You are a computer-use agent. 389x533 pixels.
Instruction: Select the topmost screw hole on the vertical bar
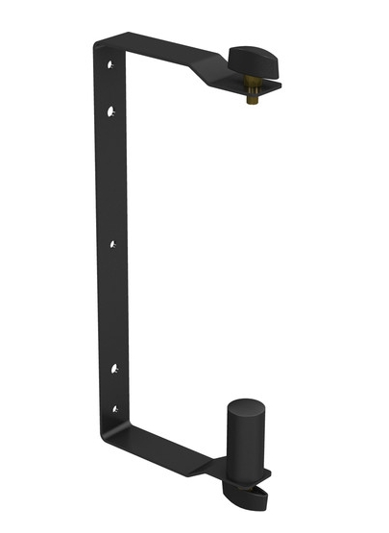tap(111, 64)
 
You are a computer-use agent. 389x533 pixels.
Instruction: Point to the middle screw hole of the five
tap(112, 244)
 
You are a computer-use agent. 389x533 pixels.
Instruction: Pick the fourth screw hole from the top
tap(113, 369)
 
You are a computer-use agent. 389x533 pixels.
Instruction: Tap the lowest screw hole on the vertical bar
tap(113, 409)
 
